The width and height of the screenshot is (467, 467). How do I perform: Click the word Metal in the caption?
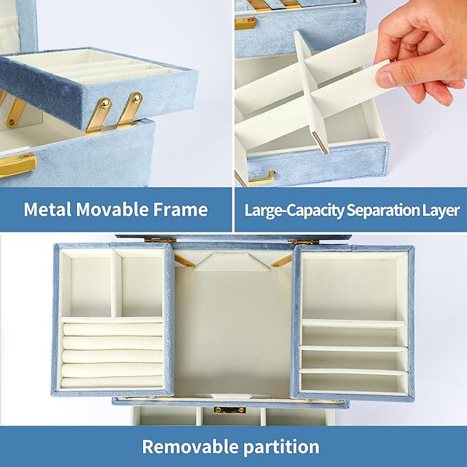[x=47, y=209]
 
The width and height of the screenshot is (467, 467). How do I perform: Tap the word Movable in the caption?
[x=112, y=209]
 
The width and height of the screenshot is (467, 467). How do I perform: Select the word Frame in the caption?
[x=180, y=209]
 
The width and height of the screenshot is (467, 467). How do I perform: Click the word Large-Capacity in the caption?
[x=294, y=210]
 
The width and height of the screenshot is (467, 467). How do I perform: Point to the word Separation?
[x=383, y=210]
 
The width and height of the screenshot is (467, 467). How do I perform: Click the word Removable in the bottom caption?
[x=190, y=446]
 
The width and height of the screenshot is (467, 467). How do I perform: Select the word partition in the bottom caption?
[x=281, y=447]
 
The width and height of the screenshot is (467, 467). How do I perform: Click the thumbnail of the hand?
[x=384, y=78]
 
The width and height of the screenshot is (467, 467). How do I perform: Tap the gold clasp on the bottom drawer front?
[x=230, y=410]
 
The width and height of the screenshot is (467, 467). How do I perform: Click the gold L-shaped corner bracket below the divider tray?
[x=262, y=179]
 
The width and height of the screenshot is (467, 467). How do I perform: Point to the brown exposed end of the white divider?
[x=321, y=142]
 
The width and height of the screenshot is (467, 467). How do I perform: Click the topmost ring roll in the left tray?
[x=113, y=329]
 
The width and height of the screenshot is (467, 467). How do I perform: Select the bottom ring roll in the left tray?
[x=112, y=382]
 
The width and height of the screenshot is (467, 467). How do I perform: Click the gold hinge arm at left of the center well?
[x=184, y=261]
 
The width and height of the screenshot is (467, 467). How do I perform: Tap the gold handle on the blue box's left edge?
[x=17, y=164]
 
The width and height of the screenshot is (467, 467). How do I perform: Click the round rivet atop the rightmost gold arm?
[x=136, y=98]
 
